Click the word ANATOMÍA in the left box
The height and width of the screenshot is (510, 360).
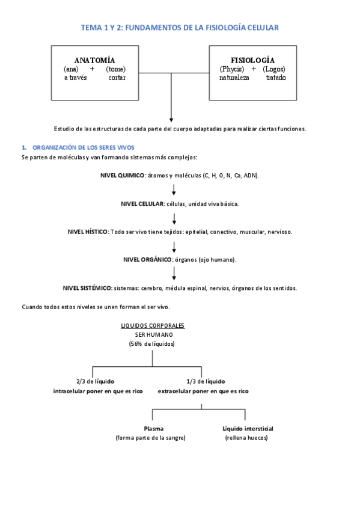[x=94, y=60]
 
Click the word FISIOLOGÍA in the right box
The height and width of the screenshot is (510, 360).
[x=252, y=60]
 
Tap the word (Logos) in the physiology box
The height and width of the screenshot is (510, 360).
[x=275, y=69]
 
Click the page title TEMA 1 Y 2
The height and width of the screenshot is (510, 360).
[x=180, y=28]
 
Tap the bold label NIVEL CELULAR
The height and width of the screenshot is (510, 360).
[x=142, y=204]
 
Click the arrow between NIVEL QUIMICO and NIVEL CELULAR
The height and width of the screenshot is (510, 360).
[x=174, y=189]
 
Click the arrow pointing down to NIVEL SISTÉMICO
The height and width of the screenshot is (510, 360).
[x=174, y=274]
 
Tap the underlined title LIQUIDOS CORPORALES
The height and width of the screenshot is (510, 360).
[x=153, y=325]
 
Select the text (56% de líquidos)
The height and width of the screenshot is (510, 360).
[x=151, y=344]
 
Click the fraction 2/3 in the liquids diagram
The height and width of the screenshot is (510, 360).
[x=81, y=381]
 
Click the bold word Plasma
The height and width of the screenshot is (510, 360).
[x=154, y=429]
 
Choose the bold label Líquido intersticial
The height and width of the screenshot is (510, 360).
[x=248, y=429]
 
